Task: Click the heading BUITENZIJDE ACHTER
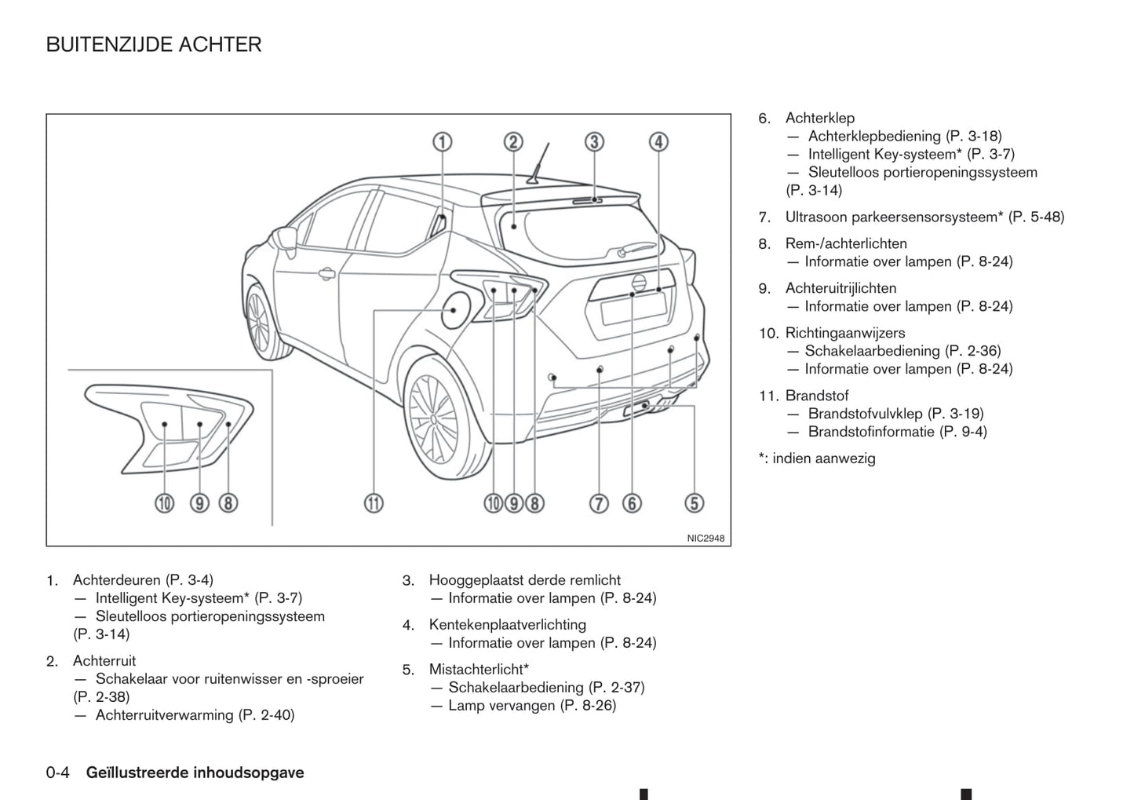point(154,45)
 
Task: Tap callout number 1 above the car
point(443,142)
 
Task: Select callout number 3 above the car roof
point(594,142)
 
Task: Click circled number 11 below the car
point(374,503)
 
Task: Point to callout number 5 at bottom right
point(694,503)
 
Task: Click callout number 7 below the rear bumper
point(599,503)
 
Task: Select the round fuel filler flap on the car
point(454,310)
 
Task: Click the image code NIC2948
point(706,539)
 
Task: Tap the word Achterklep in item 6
point(819,119)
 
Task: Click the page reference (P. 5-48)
point(1036,217)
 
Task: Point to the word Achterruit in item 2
point(104,661)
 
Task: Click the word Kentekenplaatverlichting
point(507,625)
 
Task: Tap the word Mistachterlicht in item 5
point(476,670)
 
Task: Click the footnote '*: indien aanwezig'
point(816,458)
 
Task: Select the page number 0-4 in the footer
point(58,773)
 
